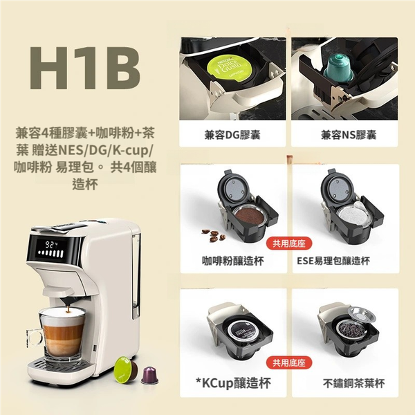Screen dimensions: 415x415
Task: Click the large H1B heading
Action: (x=85, y=68)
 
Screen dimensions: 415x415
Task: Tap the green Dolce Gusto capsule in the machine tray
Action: (x=229, y=68)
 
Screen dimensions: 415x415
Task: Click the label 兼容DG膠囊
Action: (x=232, y=135)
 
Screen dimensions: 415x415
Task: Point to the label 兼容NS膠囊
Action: (x=349, y=135)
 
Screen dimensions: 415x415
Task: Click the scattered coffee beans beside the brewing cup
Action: (x=214, y=234)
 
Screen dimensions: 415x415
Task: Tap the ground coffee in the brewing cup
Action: (x=250, y=216)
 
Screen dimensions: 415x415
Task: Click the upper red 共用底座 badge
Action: (x=289, y=243)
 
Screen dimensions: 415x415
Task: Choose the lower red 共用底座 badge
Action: (x=289, y=363)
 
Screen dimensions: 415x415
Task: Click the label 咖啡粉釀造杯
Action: (x=232, y=261)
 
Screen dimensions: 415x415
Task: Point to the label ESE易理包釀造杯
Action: (x=333, y=261)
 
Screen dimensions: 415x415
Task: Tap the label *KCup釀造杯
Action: (x=233, y=382)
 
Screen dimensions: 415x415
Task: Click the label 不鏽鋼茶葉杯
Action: (x=353, y=383)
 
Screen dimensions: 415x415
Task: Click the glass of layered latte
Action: (x=62, y=334)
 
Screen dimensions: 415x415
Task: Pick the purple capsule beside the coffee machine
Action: (x=149, y=375)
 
